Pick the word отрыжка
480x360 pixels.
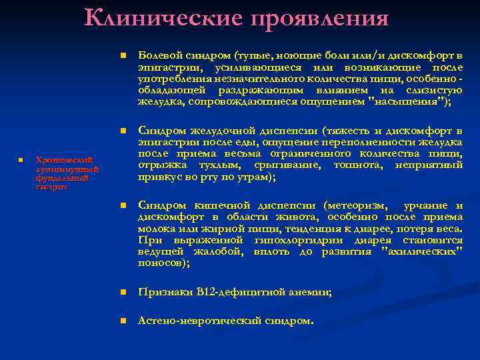[158, 165]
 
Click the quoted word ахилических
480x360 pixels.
[424, 251]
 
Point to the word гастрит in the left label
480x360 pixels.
[47, 187]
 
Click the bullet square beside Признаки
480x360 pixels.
[123, 293]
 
